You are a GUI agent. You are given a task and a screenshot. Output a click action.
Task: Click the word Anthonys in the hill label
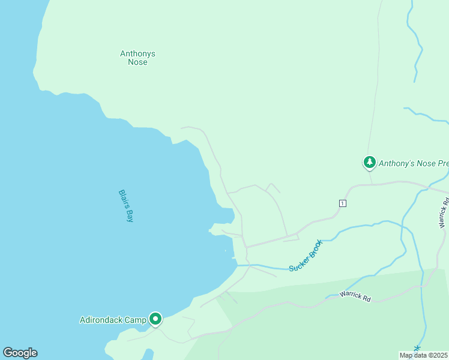[137, 53]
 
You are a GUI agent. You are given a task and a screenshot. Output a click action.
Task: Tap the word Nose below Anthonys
[137, 62]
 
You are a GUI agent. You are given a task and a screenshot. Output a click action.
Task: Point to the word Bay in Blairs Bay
[130, 216]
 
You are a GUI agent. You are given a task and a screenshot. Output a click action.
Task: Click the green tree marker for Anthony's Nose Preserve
[369, 162]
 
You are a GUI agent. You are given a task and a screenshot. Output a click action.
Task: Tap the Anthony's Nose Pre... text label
[414, 163]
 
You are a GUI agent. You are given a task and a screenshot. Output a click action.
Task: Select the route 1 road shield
[342, 203]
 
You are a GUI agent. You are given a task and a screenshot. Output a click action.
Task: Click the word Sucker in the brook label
[298, 262]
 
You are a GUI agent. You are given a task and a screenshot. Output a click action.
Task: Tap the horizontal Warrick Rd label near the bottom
[355, 296]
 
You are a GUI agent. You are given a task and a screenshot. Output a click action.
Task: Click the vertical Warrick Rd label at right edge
[444, 214]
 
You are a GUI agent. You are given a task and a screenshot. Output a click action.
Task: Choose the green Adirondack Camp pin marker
[155, 319]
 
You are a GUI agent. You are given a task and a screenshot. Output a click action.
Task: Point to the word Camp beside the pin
[137, 320]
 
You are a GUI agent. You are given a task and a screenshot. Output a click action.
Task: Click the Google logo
[20, 353]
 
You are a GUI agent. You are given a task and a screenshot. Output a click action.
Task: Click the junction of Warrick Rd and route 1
[430, 187]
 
